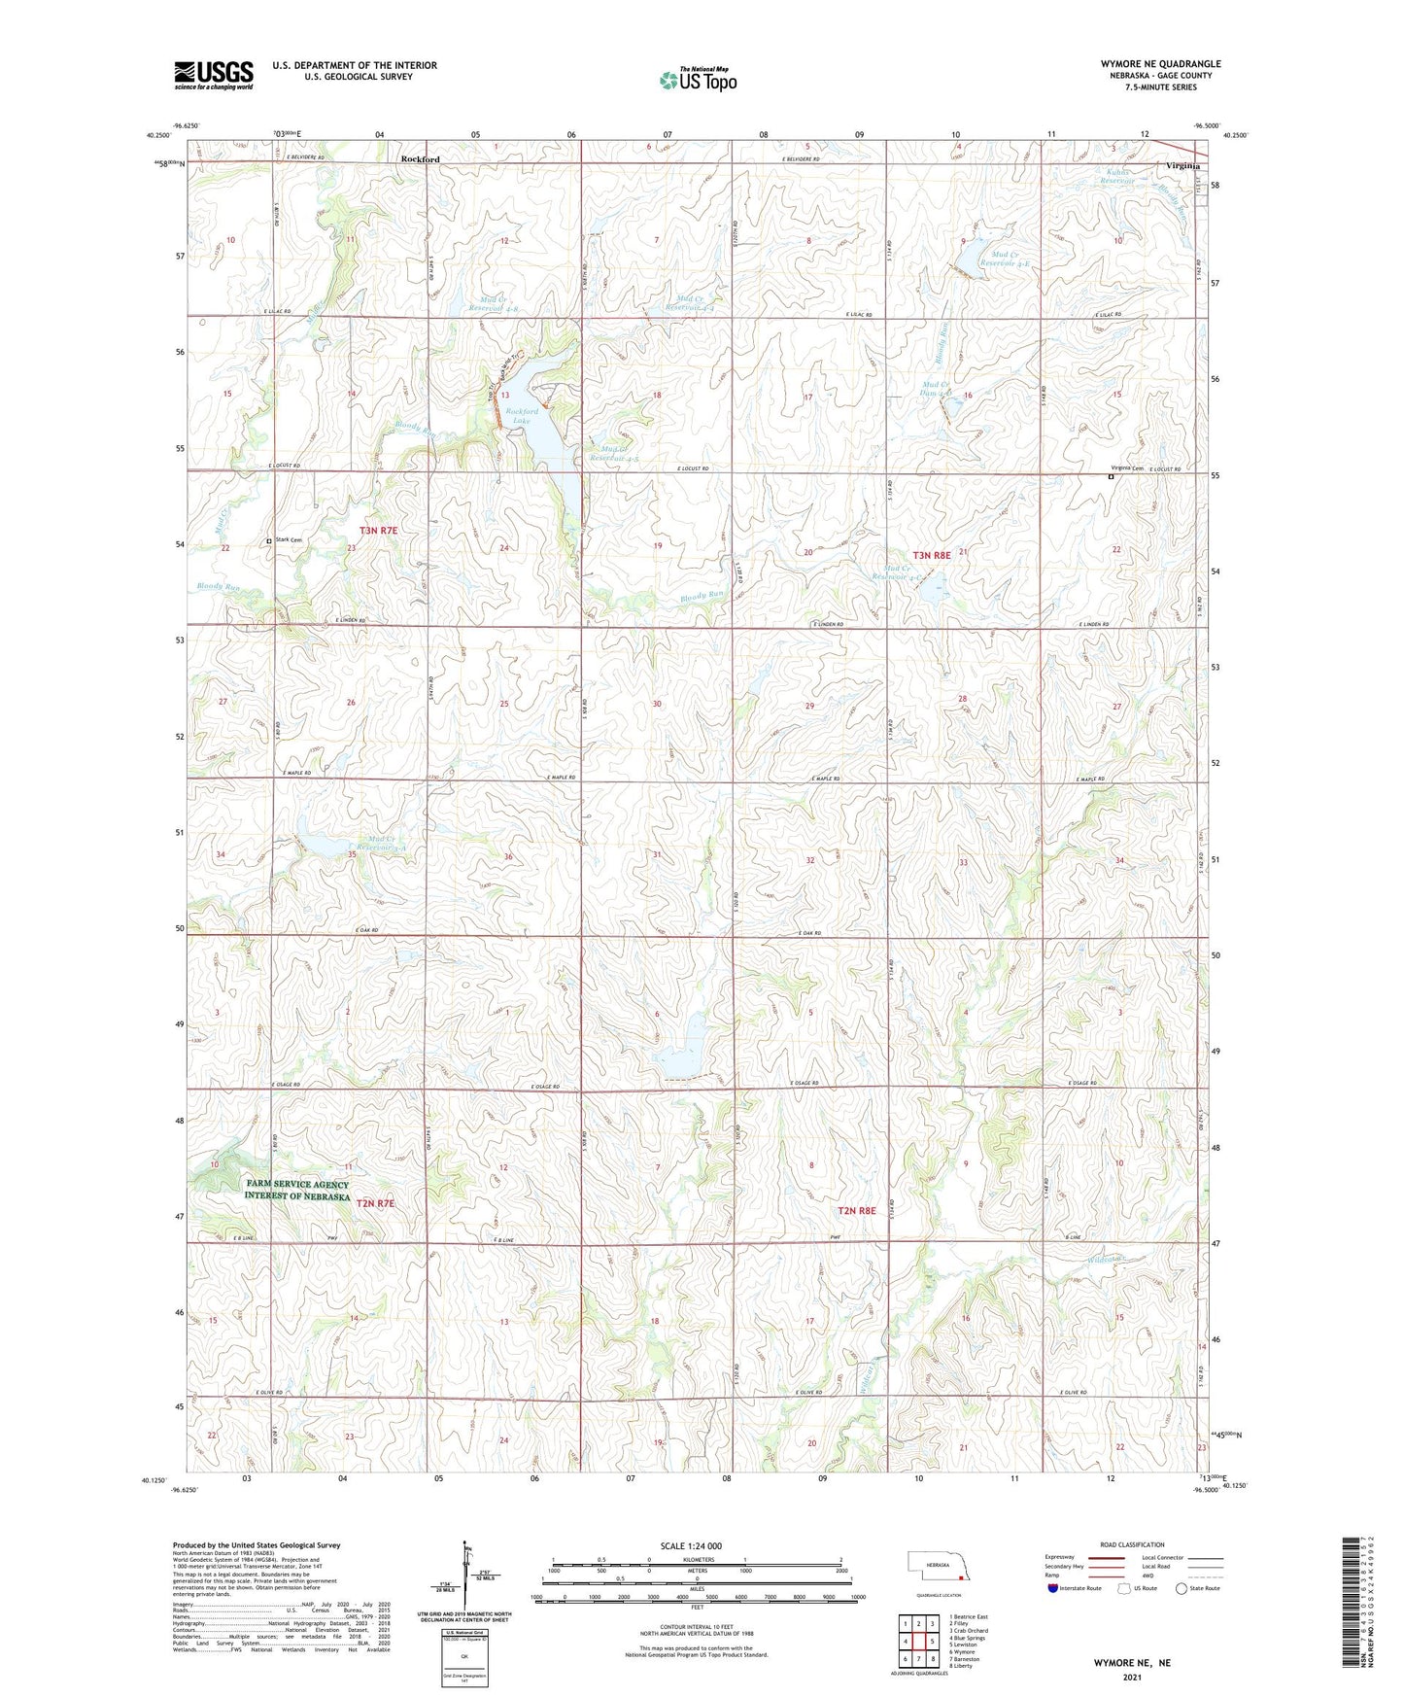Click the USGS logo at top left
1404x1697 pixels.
pyautogui.click(x=214, y=75)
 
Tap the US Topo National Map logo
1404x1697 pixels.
pyautogui.click(x=698, y=80)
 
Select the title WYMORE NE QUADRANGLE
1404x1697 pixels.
pyautogui.click(x=1160, y=63)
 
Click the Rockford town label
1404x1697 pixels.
pyautogui.click(x=421, y=159)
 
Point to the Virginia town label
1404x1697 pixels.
pyautogui.click(x=1182, y=166)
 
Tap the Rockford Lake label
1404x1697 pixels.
pyautogui.click(x=522, y=417)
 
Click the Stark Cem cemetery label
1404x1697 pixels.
pyautogui.click(x=289, y=540)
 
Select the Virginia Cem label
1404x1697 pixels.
pyautogui.click(x=1127, y=468)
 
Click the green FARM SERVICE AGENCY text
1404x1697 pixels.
pyautogui.click(x=297, y=1184)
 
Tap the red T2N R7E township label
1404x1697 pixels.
pyautogui.click(x=376, y=1203)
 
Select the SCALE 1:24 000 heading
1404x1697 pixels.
pyautogui.click(x=691, y=1545)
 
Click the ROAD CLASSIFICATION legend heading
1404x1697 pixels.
pyautogui.click(x=1132, y=1544)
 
